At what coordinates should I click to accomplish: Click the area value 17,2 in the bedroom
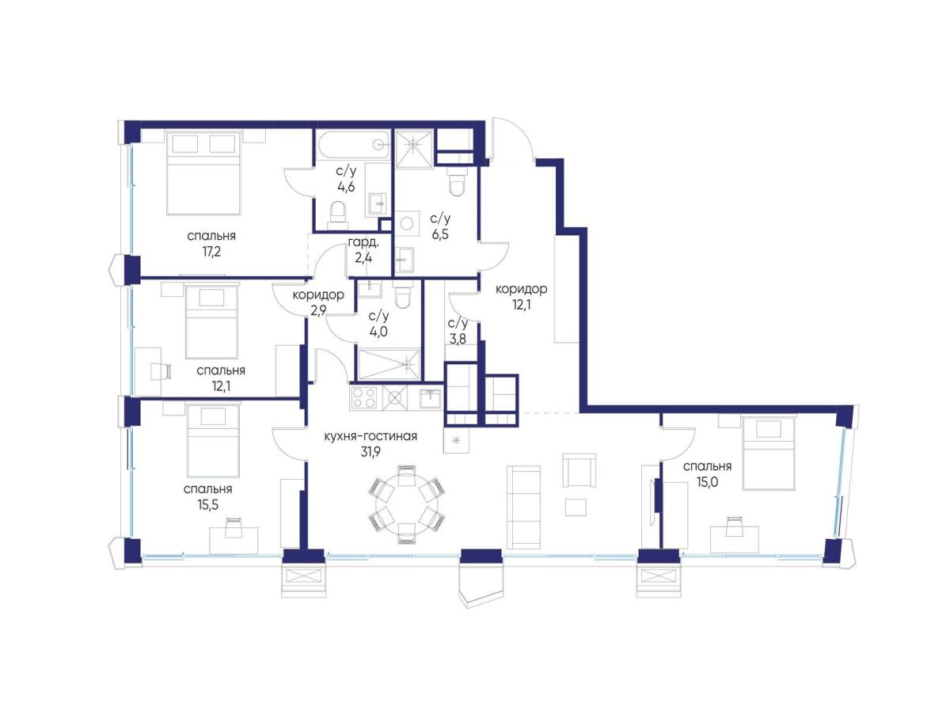pos(211,251)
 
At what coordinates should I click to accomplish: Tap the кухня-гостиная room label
pos(370,436)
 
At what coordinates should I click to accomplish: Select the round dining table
pos(406,503)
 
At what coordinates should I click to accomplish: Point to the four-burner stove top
pos(364,397)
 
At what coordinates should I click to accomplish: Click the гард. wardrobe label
pos(363,243)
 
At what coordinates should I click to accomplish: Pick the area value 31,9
pos(371,452)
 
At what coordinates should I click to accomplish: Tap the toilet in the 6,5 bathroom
pos(458,182)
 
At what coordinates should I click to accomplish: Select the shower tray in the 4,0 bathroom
pos(388,364)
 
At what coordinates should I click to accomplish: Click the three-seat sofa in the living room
pos(523,507)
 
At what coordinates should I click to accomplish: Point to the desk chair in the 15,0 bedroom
pos(734,526)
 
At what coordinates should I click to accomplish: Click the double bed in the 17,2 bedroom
pos(203,173)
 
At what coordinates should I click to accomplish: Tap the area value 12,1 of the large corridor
pos(521,305)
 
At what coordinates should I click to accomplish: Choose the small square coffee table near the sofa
pos(576,507)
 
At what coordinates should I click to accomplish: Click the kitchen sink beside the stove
pos(430,397)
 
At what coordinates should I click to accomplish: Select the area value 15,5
pos(207,504)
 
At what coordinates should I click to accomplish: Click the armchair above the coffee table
pos(579,470)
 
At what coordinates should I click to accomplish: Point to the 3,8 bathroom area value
pos(457,339)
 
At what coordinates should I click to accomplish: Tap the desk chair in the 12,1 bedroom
pos(161,370)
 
